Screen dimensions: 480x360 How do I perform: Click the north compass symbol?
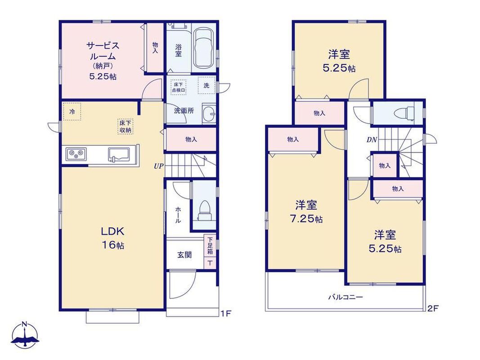pos(25,335)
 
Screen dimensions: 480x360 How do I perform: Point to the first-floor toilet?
pos(204,210)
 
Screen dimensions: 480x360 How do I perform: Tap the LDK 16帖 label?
pos(112,238)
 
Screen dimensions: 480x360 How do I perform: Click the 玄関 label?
pos(184,255)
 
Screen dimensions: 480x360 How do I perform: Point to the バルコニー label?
pos(345,297)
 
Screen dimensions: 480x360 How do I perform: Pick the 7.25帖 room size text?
pos(306,219)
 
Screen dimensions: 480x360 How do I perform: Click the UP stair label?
pos(158,166)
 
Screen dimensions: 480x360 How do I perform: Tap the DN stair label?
pos(372,140)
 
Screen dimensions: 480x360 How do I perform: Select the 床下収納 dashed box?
pos(125,126)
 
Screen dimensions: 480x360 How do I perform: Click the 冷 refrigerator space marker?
pos(72,112)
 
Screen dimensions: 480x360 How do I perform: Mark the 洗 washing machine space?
pos(206,85)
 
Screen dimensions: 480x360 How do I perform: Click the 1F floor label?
pos(226,314)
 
